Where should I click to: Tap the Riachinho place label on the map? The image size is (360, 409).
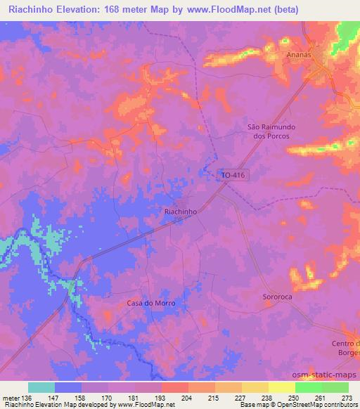tap(179, 210)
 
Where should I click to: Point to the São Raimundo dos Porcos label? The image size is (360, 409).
tap(268, 131)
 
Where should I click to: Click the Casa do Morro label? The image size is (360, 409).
tap(150, 303)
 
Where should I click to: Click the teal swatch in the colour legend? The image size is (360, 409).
tap(41, 387)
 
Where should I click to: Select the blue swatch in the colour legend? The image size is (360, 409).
tap(68, 387)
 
